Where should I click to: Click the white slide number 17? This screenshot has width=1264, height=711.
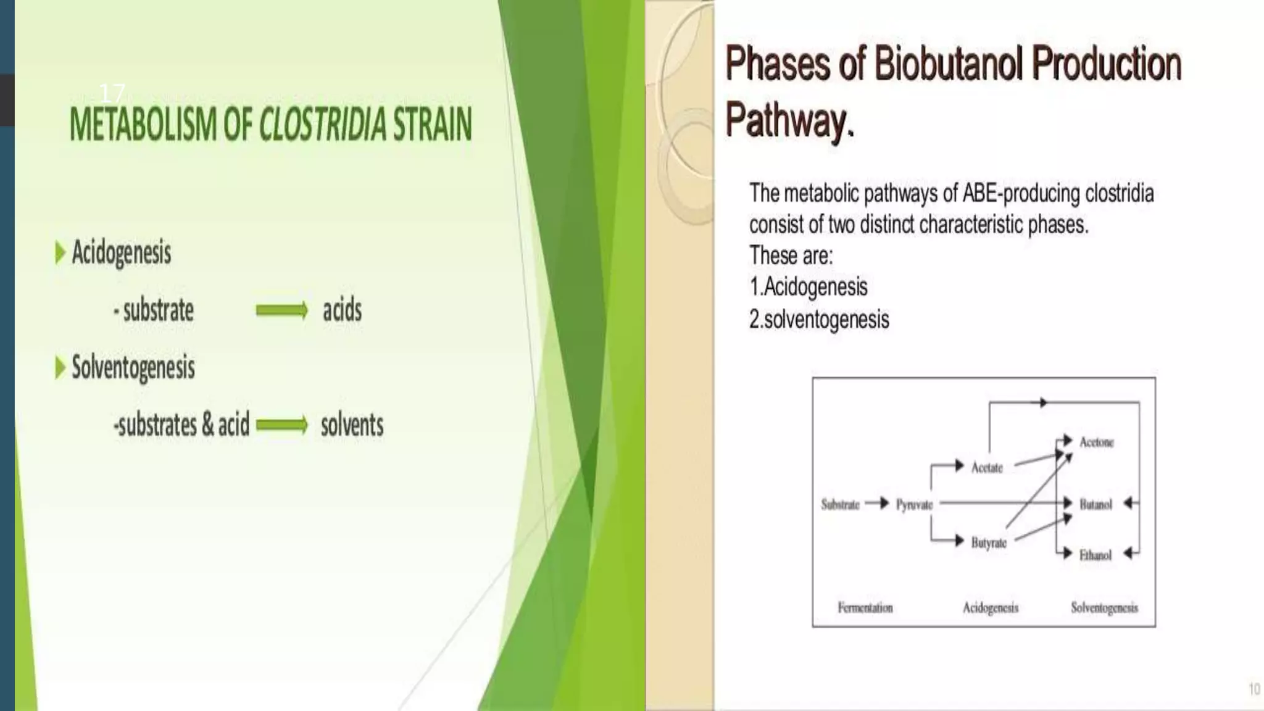point(112,94)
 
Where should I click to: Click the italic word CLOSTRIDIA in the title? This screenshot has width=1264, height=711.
point(322,124)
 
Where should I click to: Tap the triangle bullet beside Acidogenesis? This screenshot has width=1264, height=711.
point(60,252)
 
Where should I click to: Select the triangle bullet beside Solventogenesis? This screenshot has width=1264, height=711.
point(60,368)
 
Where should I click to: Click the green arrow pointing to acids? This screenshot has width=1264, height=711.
point(282,310)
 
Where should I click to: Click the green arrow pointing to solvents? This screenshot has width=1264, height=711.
point(282,425)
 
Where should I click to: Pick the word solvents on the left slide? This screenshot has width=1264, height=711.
point(352,425)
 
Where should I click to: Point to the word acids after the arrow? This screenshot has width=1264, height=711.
point(342,310)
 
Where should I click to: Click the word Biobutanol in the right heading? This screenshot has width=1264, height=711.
point(949,64)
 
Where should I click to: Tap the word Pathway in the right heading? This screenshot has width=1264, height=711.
point(786,120)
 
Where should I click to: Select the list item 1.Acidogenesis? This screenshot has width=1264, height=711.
point(808,287)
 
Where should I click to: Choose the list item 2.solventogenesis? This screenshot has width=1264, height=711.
point(818,320)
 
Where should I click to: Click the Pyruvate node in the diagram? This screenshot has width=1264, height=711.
point(914,505)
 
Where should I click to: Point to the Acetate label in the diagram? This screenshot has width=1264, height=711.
point(987,468)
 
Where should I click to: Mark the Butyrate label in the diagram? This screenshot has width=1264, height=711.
point(988,543)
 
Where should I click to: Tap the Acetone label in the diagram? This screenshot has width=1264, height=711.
point(1096,442)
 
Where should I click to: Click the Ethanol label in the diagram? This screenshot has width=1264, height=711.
point(1095,555)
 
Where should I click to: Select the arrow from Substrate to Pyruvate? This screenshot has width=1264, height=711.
point(876,504)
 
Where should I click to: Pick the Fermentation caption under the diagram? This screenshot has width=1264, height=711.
point(865,608)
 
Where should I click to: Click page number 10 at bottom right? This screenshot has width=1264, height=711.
point(1254,689)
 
